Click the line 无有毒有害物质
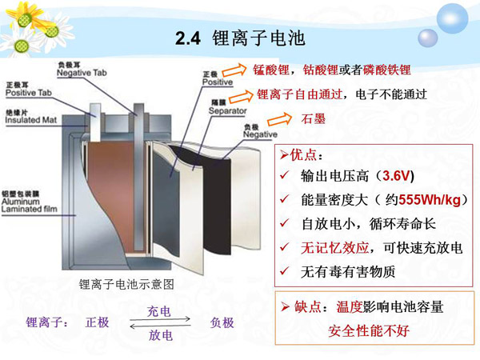pyautogui.click(x=347, y=272)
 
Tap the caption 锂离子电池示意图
pyautogui.click(x=126, y=284)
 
